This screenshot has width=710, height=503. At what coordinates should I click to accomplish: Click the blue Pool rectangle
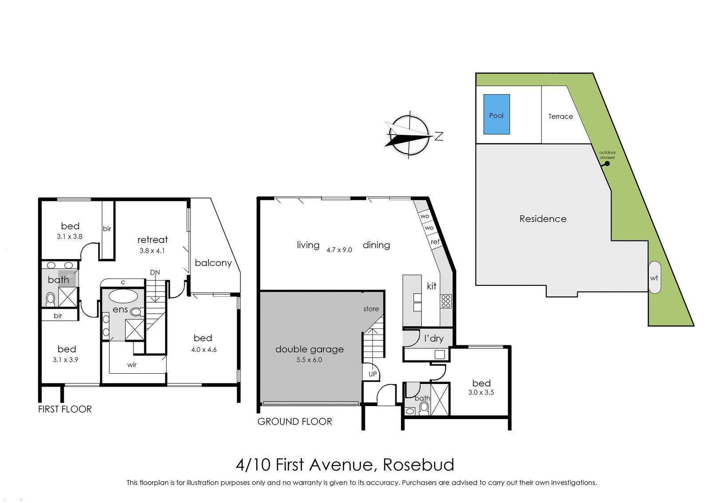pyautogui.click(x=496, y=114)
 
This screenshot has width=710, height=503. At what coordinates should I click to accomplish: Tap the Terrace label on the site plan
pyautogui.click(x=560, y=116)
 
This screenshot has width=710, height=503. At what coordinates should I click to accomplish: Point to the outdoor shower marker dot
pyautogui.click(x=607, y=164)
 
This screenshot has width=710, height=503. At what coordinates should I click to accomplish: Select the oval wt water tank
pyautogui.click(x=654, y=278)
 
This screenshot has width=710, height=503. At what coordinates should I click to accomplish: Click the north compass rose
pyautogui.click(x=407, y=136)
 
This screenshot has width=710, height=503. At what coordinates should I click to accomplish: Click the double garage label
pyautogui.click(x=309, y=349)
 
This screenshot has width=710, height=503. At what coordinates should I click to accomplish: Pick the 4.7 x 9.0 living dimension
pyautogui.click(x=339, y=250)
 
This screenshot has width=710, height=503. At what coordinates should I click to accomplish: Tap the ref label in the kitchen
pyautogui.click(x=435, y=242)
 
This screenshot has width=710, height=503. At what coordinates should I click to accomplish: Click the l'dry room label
pyautogui.click(x=434, y=339)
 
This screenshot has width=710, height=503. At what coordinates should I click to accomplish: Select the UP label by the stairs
pyautogui.click(x=372, y=374)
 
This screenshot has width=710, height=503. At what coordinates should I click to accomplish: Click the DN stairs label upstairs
pyautogui.click(x=155, y=272)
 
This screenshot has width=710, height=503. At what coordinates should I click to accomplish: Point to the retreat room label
pyautogui.click(x=153, y=240)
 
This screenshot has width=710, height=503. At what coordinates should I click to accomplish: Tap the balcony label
pyautogui.click(x=213, y=263)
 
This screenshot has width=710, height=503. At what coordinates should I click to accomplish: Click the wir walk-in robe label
pyautogui.click(x=132, y=365)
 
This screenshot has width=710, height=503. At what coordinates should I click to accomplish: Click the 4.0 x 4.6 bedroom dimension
pyautogui.click(x=204, y=349)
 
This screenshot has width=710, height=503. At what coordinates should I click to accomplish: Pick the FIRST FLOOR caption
pyautogui.click(x=65, y=409)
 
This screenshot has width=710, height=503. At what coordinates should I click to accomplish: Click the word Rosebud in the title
pyautogui.click(x=418, y=465)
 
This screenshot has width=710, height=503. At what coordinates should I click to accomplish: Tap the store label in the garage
pyautogui.click(x=371, y=309)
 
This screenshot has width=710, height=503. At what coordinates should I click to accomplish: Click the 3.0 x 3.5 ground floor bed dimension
pyautogui.click(x=481, y=392)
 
